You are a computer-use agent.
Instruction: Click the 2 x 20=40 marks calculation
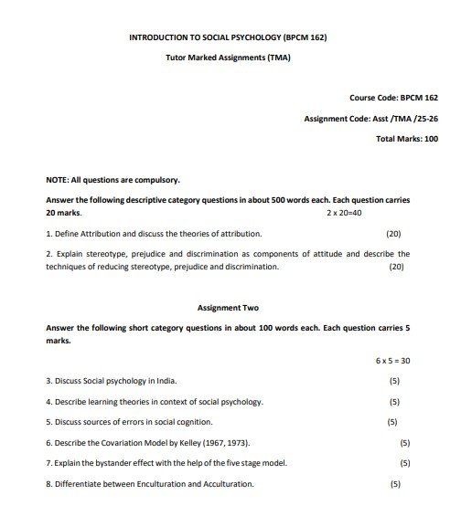(x=345, y=212)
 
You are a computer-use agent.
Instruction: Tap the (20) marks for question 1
(x=394, y=233)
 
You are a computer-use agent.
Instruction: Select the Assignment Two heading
(x=229, y=308)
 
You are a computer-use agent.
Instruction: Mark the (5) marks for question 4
(x=394, y=401)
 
